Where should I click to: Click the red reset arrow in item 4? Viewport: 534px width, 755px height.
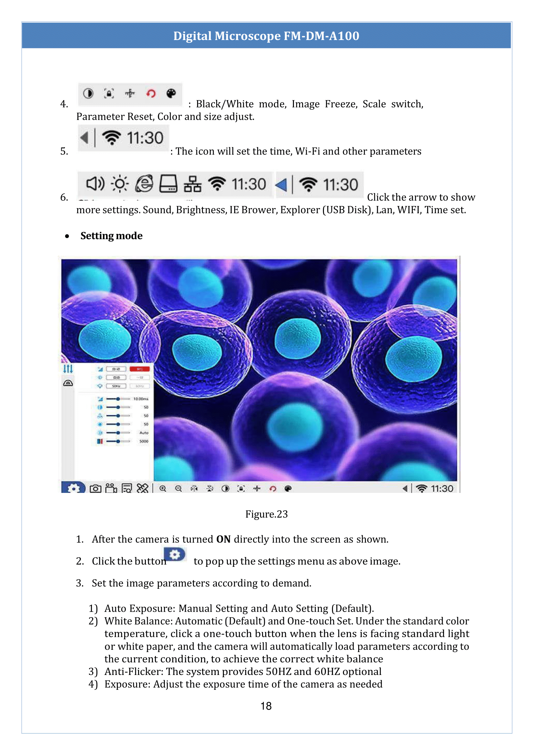151,94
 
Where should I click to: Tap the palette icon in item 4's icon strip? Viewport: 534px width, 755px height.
171,93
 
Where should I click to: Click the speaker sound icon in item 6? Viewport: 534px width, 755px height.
95,184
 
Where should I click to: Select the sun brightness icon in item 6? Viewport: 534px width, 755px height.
120,184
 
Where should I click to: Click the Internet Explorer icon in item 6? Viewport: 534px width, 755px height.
144,184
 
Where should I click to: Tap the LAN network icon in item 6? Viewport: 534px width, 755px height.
192,184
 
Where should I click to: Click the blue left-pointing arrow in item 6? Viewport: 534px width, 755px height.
281,185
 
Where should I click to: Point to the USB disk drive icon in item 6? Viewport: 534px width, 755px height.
168,184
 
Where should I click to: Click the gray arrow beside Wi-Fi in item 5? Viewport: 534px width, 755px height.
85,138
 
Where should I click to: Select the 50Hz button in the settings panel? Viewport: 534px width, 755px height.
116,386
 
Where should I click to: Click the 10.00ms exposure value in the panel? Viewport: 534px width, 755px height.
141,399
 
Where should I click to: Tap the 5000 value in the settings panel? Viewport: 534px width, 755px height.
144,441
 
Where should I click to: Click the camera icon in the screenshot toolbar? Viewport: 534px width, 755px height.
96,489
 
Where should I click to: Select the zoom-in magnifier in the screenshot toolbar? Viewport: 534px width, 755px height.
163,489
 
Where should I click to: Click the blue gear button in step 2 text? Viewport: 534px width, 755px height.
175,555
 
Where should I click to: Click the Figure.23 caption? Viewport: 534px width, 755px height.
266,514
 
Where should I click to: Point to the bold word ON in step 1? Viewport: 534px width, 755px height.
223,539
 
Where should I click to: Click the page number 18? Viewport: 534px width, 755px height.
266,706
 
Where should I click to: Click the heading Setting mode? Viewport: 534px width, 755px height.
111,236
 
